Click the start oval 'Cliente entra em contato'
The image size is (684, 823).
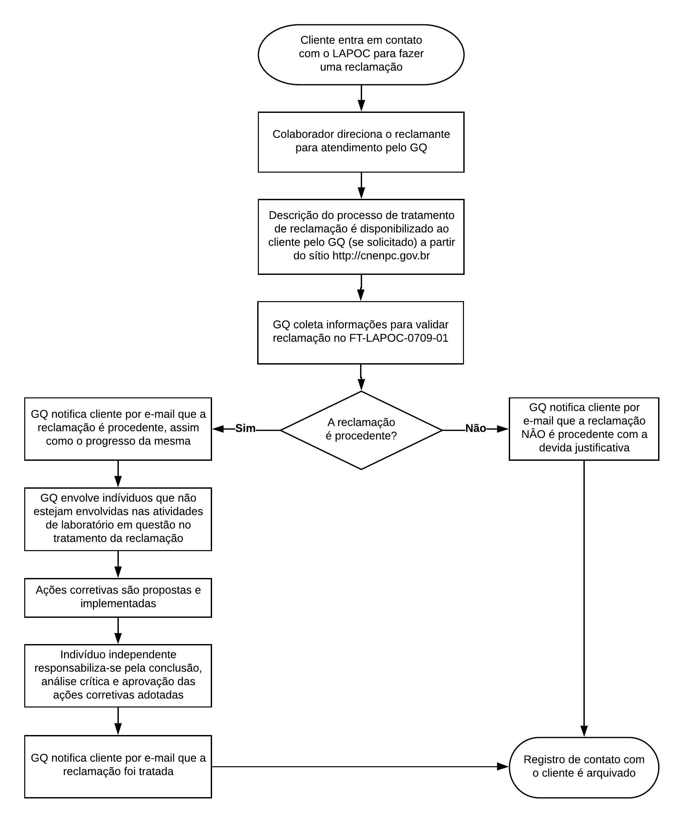coord(361,54)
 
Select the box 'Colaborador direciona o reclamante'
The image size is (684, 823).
coord(361,142)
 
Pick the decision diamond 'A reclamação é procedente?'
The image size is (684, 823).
coord(361,430)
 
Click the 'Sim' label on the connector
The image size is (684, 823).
coord(245,428)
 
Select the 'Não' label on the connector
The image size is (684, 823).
coord(475,428)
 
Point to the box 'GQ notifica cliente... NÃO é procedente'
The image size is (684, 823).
coord(584,429)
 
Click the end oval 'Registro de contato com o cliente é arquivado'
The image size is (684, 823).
coord(584,766)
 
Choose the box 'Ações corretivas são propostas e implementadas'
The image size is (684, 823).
coord(118,597)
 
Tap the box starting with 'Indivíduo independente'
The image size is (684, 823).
coord(118,675)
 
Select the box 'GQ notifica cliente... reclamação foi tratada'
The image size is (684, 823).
coord(118,766)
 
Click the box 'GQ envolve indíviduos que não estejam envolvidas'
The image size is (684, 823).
coord(118,519)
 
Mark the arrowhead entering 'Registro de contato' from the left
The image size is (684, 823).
coord(502,766)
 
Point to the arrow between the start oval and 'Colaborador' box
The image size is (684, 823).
coord(361,98)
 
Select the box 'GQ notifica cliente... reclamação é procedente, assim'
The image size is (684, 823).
coord(118,428)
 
